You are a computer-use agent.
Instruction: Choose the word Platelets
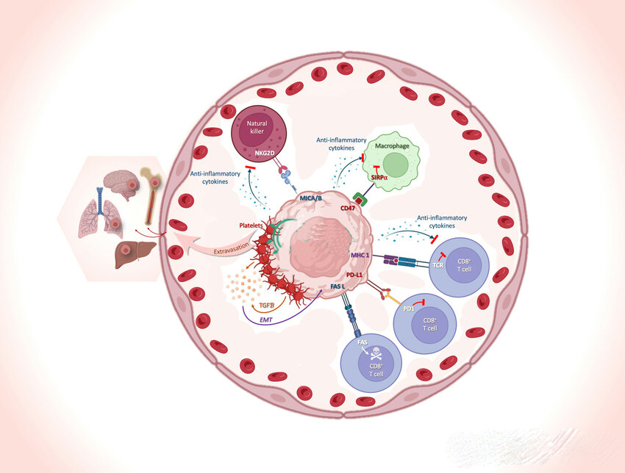251,225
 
